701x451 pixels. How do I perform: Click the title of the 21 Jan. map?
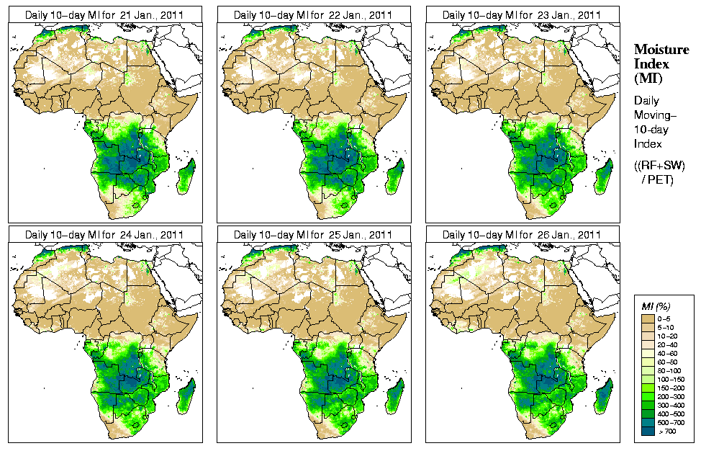coord(104,14)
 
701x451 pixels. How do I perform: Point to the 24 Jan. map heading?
coord(104,235)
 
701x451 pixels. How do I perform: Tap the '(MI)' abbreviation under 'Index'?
coord(648,78)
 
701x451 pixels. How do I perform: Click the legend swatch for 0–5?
coord(648,318)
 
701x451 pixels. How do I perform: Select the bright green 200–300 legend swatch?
coord(648,396)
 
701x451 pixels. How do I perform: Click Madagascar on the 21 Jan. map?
coord(186,177)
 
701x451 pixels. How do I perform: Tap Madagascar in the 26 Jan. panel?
coord(604,397)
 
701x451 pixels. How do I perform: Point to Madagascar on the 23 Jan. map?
coord(604,177)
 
